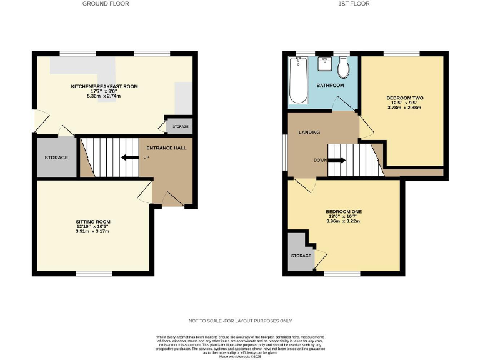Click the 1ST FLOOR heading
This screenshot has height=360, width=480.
tap(354, 4)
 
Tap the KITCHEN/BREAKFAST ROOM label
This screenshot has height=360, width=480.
tap(104, 86)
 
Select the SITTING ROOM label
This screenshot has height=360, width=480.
tap(93, 222)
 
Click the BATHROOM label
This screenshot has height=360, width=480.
tap(330, 85)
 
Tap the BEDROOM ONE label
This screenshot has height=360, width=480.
tap(344, 211)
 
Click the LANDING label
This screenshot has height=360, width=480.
tap(309, 132)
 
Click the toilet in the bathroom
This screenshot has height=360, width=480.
tap(342, 66)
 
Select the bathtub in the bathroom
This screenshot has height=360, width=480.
tap(297, 80)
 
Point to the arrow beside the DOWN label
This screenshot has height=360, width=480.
tap(336, 160)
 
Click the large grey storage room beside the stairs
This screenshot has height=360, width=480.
tap(56, 156)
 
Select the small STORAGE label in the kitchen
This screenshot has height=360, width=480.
tap(180, 126)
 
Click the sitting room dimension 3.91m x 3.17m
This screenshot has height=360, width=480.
tap(93, 231)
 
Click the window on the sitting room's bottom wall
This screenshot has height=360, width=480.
tap(94, 273)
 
